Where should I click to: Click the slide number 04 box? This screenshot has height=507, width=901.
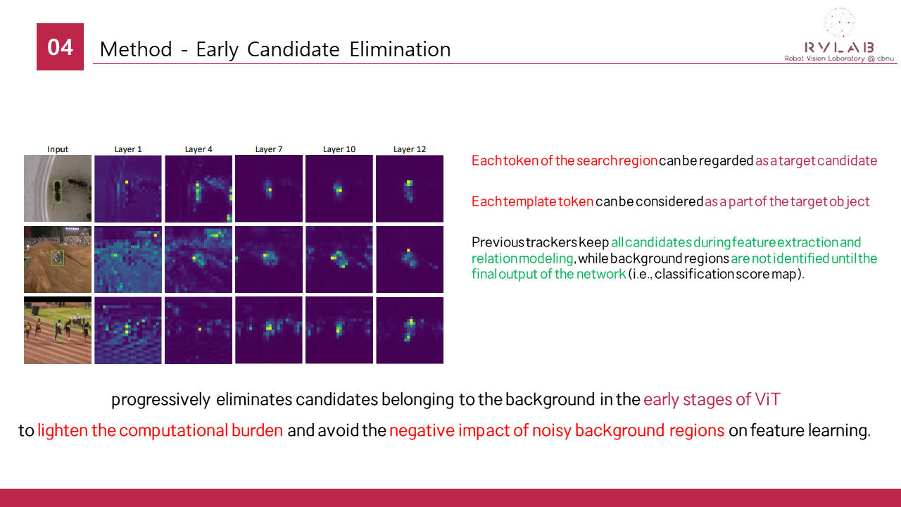click(60, 46)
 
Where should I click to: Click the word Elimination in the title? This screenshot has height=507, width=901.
click(400, 49)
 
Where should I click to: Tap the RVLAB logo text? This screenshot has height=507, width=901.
click(840, 47)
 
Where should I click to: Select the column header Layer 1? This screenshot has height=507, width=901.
click(128, 149)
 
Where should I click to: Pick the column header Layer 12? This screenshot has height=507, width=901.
click(410, 149)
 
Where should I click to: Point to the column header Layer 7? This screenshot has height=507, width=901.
click(269, 149)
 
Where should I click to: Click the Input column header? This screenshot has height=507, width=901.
click(58, 149)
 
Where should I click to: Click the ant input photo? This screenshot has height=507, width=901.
click(58, 188)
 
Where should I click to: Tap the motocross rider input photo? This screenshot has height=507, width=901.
click(58, 259)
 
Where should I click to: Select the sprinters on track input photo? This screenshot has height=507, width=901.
click(58, 330)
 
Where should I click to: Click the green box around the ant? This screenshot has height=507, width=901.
click(58, 191)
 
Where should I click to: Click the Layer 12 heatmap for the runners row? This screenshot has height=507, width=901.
click(410, 330)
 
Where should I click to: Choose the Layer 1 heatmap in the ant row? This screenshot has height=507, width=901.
click(128, 188)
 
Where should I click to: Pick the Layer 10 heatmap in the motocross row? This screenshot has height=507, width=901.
click(339, 259)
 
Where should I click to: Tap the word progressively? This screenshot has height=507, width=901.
click(160, 400)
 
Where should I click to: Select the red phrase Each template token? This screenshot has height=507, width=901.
click(532, 201)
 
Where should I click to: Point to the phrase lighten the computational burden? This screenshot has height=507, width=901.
click(160, 430)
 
